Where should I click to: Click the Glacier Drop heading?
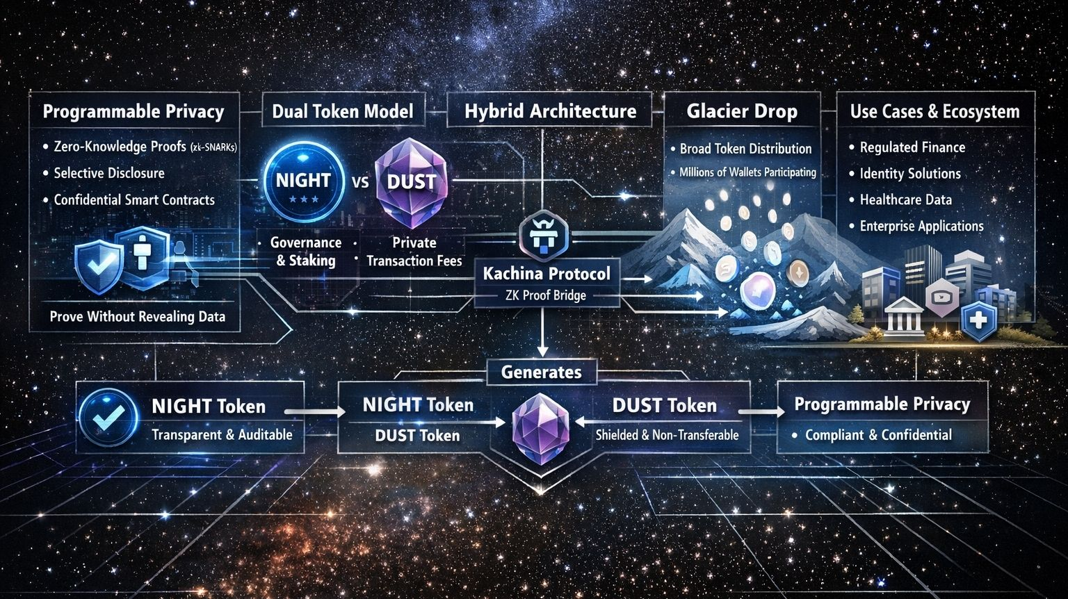[x=741, y=111]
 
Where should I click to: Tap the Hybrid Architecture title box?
[x=550, y=111]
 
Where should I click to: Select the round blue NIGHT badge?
[x=303, y=181]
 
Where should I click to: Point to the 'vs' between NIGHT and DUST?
[x=360, y=183]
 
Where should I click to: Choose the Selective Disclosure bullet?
[x=109, y=173]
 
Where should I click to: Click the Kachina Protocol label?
[x=547, y=273]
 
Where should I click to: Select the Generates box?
[x=542, y=372]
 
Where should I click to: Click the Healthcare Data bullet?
[x=905, y=199]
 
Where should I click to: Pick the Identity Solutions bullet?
[x=909, y=174]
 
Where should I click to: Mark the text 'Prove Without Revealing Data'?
[x=138, y=317]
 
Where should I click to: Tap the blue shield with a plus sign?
[x=979, y=320]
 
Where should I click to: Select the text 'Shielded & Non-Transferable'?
[x=667, y=435]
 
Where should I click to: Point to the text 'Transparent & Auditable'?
[x=222, y=435]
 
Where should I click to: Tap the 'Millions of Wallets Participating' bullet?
[x=747, y=172]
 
